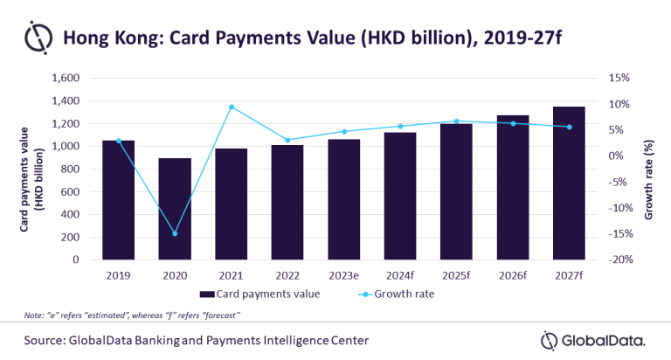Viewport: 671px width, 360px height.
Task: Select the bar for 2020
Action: pos(175,210)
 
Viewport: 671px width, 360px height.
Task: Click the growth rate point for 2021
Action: pos(232,107)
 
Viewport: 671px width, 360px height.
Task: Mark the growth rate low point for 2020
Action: pos(175,233)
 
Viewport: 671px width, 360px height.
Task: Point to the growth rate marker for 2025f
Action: pos(456,121)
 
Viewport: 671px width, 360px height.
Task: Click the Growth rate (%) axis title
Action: pos(648,168)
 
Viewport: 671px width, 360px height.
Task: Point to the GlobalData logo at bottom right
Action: pos(593,339)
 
